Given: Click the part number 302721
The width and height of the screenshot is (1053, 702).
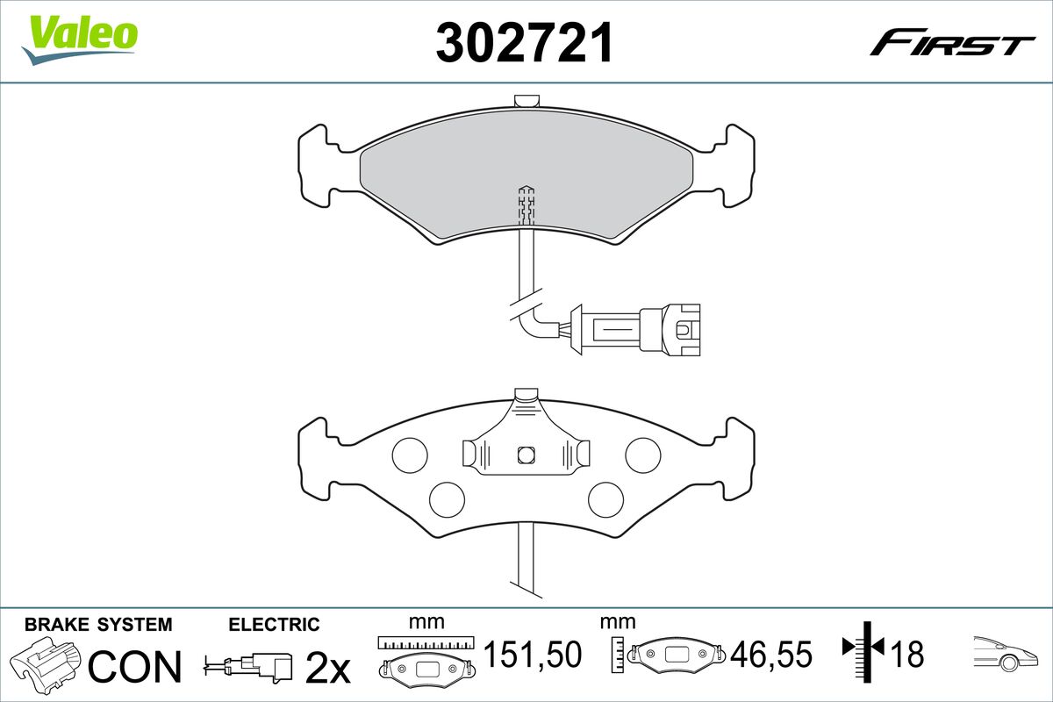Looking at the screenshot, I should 524,43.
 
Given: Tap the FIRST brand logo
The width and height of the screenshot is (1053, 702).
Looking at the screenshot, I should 951,44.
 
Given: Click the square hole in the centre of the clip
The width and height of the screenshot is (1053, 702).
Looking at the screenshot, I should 526,454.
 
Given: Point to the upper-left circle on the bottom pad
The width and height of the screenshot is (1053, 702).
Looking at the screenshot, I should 409,453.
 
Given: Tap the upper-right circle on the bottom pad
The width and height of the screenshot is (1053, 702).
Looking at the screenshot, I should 642,453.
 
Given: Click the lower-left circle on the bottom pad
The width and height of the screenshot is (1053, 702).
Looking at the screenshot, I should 447,498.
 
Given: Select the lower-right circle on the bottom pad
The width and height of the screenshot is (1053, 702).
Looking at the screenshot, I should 605,498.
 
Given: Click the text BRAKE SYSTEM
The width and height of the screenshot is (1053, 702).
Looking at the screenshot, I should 98,625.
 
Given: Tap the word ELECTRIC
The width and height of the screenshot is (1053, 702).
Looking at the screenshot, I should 274,625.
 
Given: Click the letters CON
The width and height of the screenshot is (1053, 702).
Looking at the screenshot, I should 135,667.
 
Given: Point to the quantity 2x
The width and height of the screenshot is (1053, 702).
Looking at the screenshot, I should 326,669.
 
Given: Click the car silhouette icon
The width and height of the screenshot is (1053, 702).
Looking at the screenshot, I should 1004,651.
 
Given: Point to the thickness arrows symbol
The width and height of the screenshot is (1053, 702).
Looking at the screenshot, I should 863,650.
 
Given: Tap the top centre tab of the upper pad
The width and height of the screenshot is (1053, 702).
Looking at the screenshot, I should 526,101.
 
